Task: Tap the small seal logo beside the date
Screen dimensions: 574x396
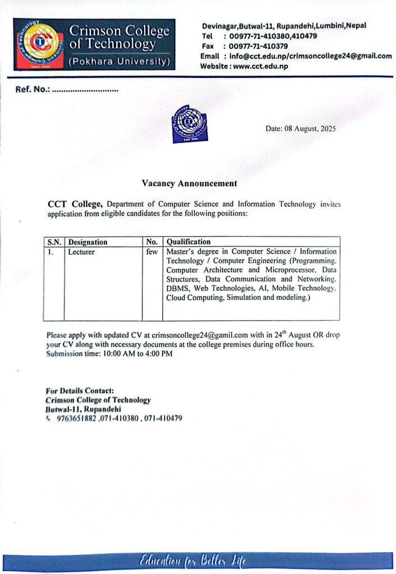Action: click(x=189, y=124)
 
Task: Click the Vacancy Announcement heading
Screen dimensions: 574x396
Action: click(x=189, y=183)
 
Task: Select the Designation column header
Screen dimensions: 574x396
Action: click(x=88, y=242)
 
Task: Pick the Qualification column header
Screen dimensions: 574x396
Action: click(x=188, y=242)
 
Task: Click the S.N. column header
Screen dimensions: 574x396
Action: click(x=54, y=242)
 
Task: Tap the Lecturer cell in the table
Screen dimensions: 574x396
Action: click(x=81, y=252)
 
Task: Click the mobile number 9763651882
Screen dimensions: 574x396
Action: click(x=77, y=418)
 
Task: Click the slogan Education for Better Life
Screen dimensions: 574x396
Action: click(x=193, y=562)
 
